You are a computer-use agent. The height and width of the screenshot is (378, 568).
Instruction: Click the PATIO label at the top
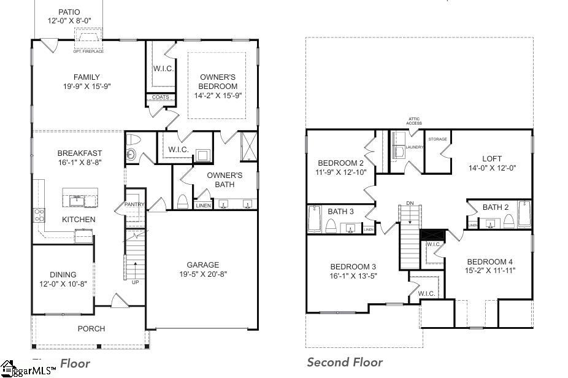69,12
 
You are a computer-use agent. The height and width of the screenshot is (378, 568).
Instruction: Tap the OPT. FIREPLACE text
88,51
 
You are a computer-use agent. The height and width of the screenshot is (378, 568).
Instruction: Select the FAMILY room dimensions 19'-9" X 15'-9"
86,87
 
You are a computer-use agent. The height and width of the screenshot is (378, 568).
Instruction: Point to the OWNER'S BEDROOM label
218,82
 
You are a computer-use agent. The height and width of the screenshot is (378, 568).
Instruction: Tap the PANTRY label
134,205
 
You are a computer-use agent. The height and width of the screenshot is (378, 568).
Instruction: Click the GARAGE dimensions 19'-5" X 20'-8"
203,274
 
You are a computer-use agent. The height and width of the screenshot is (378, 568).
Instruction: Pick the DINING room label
63,274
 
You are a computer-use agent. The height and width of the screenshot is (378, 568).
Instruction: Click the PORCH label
91,329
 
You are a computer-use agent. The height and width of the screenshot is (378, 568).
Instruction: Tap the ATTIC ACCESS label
414,121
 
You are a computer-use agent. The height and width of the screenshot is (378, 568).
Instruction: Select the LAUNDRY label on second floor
415,147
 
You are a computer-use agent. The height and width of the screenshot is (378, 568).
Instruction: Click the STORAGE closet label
437,139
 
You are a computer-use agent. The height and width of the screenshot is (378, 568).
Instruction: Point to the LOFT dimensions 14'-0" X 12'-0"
491,168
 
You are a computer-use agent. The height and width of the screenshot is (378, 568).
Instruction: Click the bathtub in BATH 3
314,220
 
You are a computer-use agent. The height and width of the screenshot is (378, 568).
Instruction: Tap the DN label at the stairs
409,203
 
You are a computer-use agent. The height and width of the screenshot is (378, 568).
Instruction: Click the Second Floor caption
345,362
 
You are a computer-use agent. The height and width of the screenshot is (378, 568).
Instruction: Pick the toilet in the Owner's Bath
182,201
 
